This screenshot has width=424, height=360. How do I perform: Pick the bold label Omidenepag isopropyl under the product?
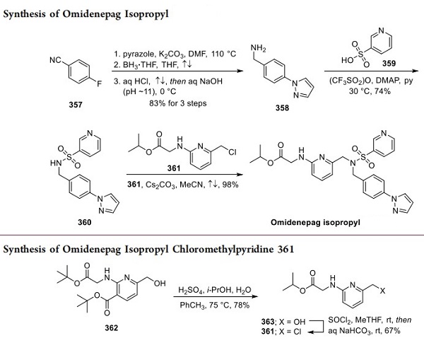[x=323, y=221]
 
